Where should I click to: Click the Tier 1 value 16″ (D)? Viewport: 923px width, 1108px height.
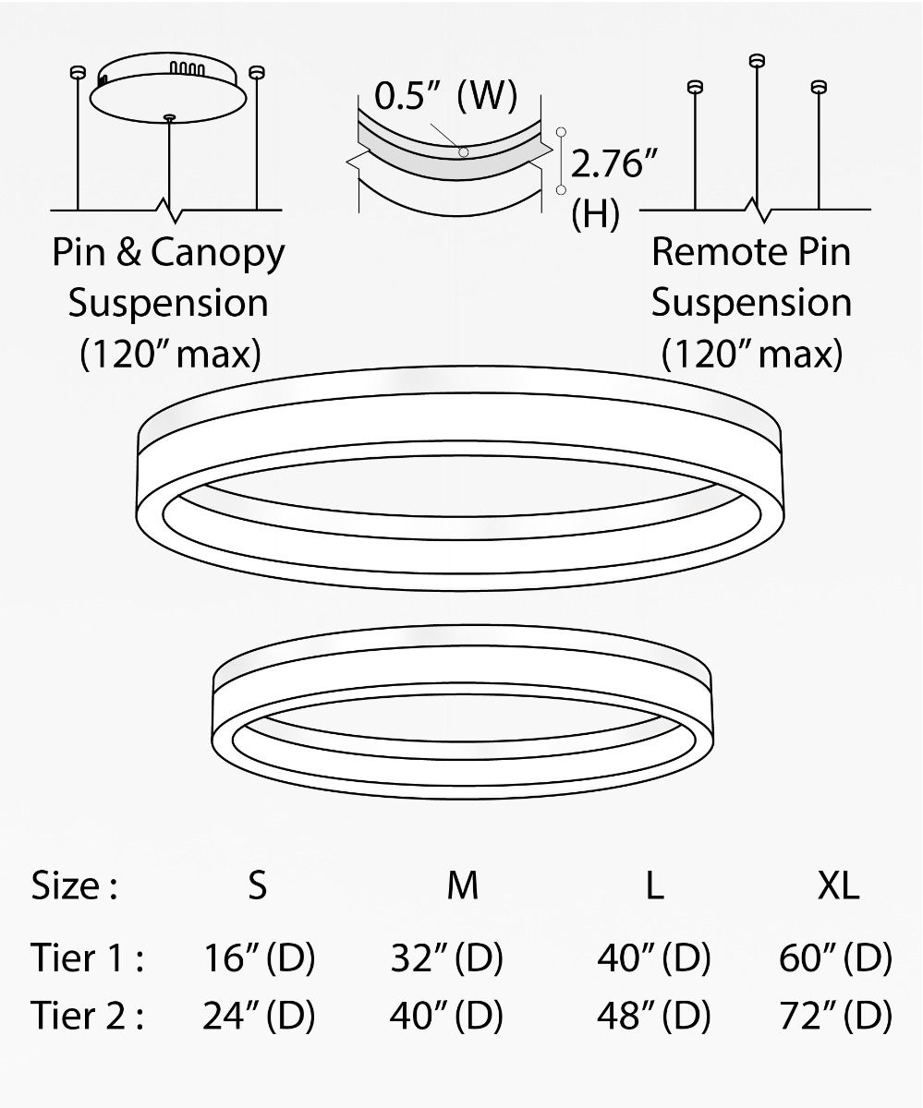coord(259,959)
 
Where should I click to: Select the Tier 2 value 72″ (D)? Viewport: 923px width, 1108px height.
coord(835,1017)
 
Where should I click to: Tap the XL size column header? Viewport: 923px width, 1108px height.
coord(838,885)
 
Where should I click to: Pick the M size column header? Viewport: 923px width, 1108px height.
coord(462,885)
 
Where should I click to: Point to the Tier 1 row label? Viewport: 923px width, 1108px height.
coord(87,959)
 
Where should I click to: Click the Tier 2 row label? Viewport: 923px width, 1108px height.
coord(87,1017)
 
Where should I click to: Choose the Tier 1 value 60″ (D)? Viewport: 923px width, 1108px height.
coord(835,959)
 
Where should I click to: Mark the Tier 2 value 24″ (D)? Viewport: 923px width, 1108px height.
coord(259,1017)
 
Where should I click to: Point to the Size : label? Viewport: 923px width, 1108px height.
coord(74,885)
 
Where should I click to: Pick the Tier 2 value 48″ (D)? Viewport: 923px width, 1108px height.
coord(654,1017)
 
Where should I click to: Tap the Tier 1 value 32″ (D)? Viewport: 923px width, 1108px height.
coord(447,959)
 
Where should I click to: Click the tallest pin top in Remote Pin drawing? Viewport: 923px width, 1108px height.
coord(758,61)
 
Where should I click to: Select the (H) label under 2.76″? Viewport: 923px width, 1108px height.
coord(596,215)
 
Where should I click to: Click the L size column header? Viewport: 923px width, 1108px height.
coord(654,885)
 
